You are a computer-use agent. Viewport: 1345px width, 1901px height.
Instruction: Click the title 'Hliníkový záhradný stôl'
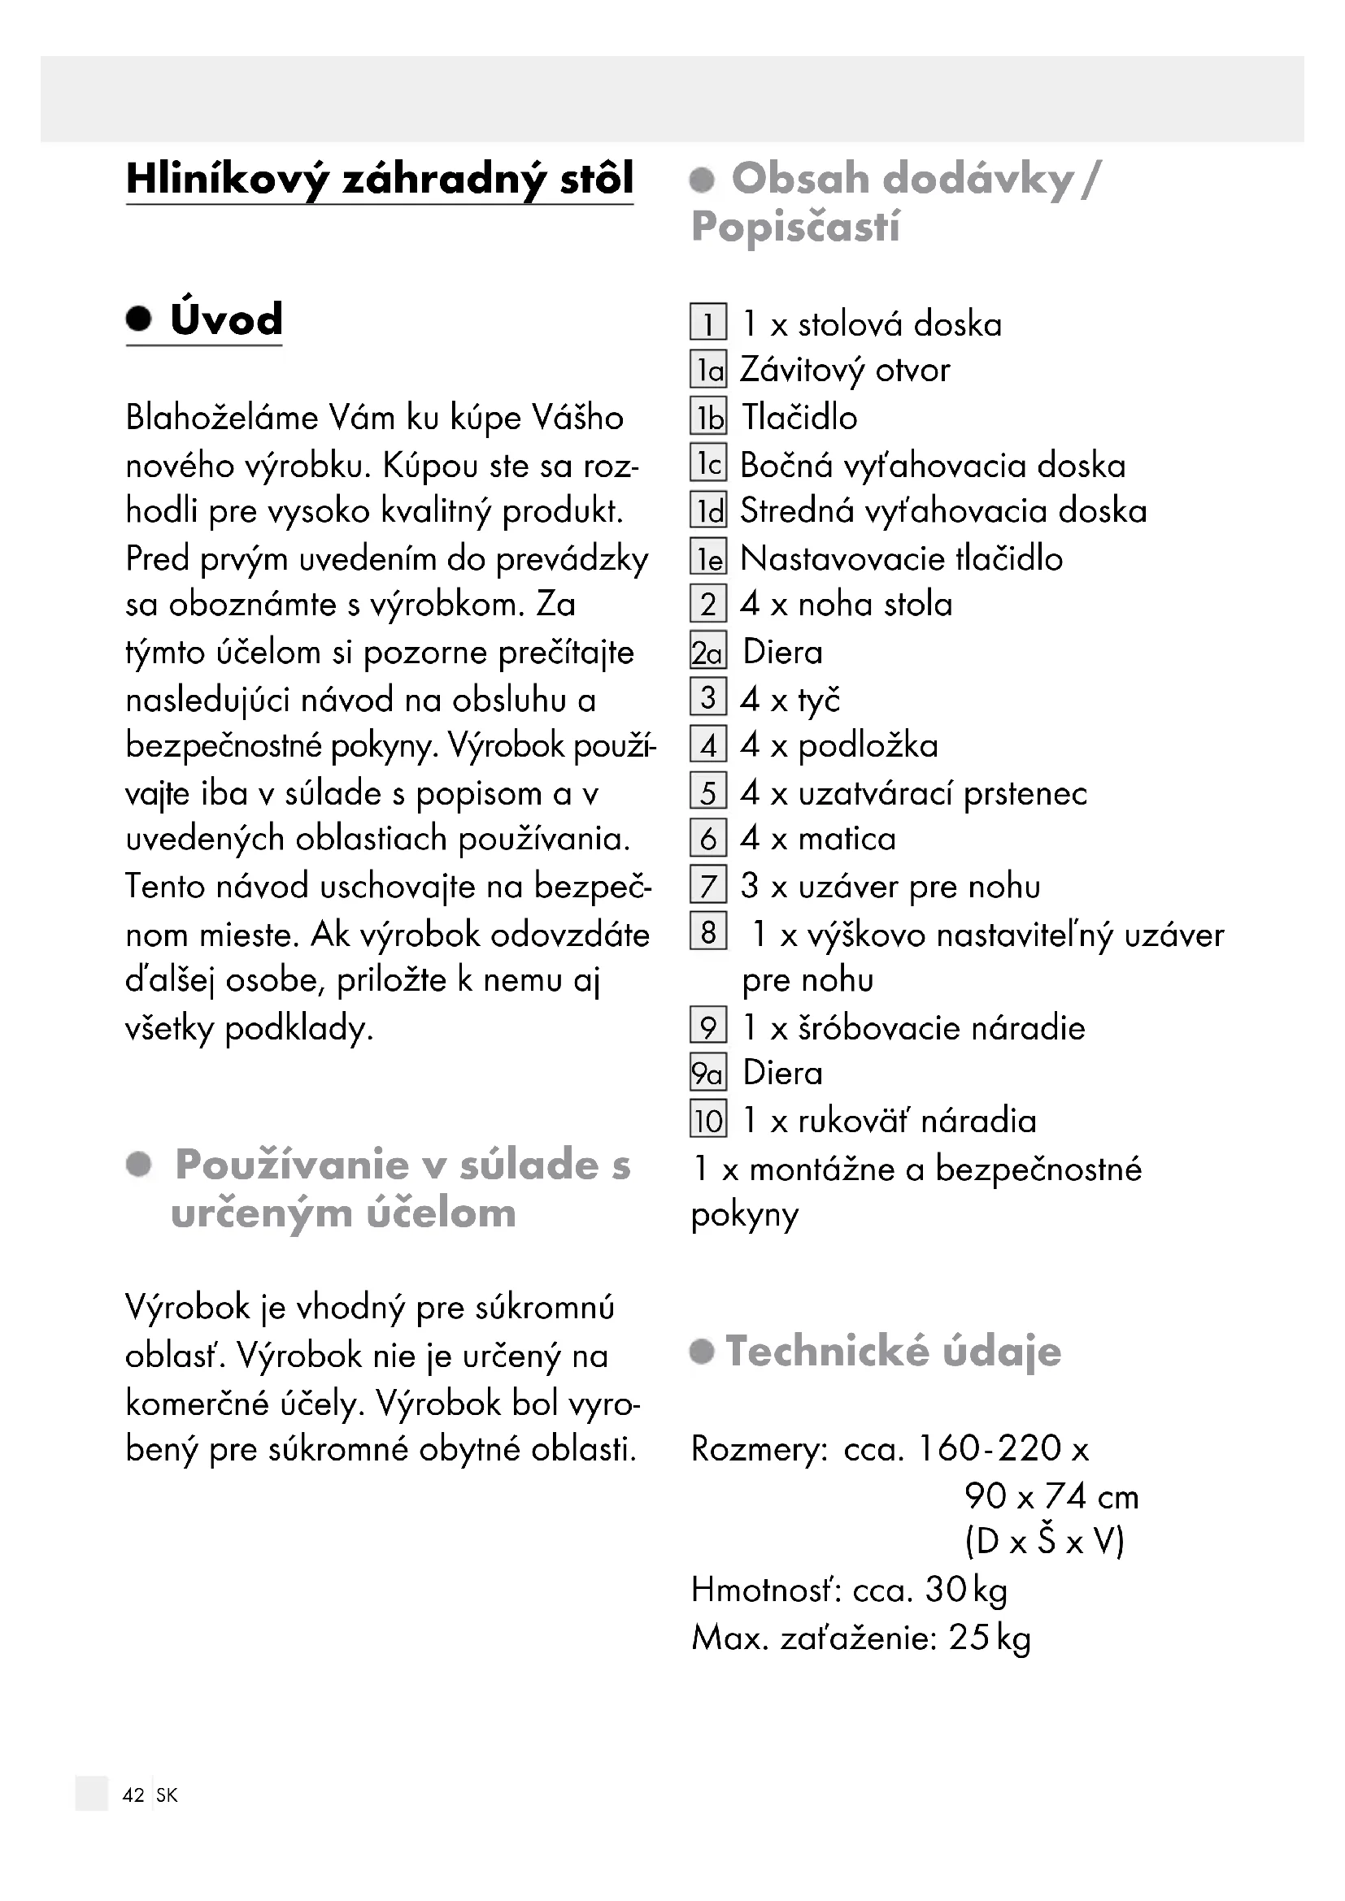379,179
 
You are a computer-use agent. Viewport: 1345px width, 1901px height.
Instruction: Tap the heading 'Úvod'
226,319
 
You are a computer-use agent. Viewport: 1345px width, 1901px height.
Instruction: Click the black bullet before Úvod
139,319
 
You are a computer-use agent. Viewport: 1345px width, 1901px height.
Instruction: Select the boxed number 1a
708,370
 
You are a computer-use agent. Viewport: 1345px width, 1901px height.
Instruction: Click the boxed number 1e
708,559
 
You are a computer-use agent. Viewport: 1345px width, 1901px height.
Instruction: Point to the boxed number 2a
708,653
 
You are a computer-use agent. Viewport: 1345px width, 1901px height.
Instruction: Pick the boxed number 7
708,886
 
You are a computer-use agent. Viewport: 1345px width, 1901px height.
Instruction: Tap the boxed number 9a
708,1073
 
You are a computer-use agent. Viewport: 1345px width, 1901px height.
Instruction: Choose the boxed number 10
708,1121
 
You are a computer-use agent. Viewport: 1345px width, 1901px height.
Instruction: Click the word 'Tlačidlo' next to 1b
799,417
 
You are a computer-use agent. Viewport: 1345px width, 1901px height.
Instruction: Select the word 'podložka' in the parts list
868,746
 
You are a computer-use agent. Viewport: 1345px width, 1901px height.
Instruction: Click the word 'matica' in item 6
847,840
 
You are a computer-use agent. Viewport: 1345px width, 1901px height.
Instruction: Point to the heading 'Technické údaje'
893,1352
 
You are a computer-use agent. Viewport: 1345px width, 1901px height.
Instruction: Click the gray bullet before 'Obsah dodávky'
703,180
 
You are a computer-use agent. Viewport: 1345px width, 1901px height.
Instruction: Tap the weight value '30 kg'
966,1590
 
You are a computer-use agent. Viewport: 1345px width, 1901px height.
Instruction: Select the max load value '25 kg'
990,1638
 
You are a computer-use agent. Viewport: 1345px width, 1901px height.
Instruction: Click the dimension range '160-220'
990,1448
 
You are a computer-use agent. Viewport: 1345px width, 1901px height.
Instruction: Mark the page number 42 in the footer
133,1795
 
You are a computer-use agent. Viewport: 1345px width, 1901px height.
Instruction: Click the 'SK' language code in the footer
167,1795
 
